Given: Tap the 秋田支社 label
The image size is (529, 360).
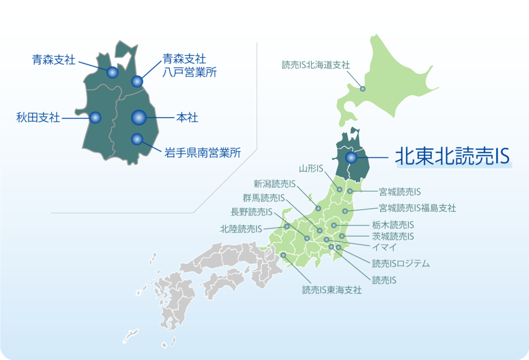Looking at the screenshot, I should pos(38,118).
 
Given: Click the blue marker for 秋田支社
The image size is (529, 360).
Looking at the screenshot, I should pos(95,118).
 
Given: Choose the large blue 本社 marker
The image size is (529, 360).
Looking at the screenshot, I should pos(139,118).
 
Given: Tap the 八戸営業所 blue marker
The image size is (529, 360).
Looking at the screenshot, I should pos(137,82).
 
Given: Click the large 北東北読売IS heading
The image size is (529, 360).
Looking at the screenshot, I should pos(452,157).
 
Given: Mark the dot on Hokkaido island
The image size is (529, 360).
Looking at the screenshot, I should pos(363,89).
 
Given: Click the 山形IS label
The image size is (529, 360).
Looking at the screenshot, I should pos(311,168).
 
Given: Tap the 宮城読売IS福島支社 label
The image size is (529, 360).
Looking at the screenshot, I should pos(417,208).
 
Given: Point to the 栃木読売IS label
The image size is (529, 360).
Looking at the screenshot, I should pos(393,225).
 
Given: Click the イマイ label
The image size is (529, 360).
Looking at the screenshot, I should pos(385,247).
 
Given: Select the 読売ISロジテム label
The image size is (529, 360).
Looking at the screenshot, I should pos(401,263).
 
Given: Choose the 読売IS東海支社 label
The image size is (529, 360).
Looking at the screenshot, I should pos(332,290).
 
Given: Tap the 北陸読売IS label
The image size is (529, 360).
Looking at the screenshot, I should pos(241,229).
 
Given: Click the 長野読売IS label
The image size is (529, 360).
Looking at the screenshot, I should pos(251,212).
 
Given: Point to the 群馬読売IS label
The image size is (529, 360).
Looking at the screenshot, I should pos(264,197).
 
